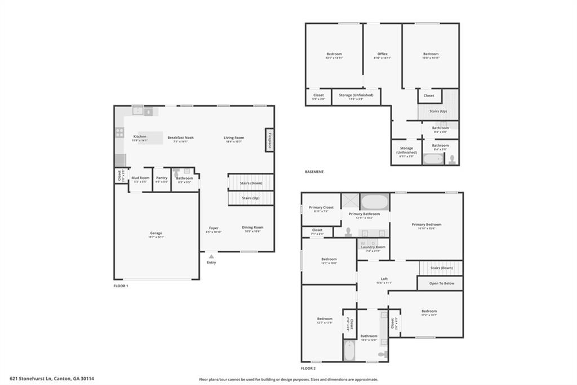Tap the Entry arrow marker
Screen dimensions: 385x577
click(x=211, y=256)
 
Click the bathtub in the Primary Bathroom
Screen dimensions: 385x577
click(x=374, y=202)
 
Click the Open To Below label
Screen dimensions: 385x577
click(x=441, y=283)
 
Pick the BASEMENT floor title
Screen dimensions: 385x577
click(x=314, y=172)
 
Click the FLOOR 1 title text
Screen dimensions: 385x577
click(x=121, y=286)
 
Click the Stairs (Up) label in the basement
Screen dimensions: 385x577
click(x=438, y=111)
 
